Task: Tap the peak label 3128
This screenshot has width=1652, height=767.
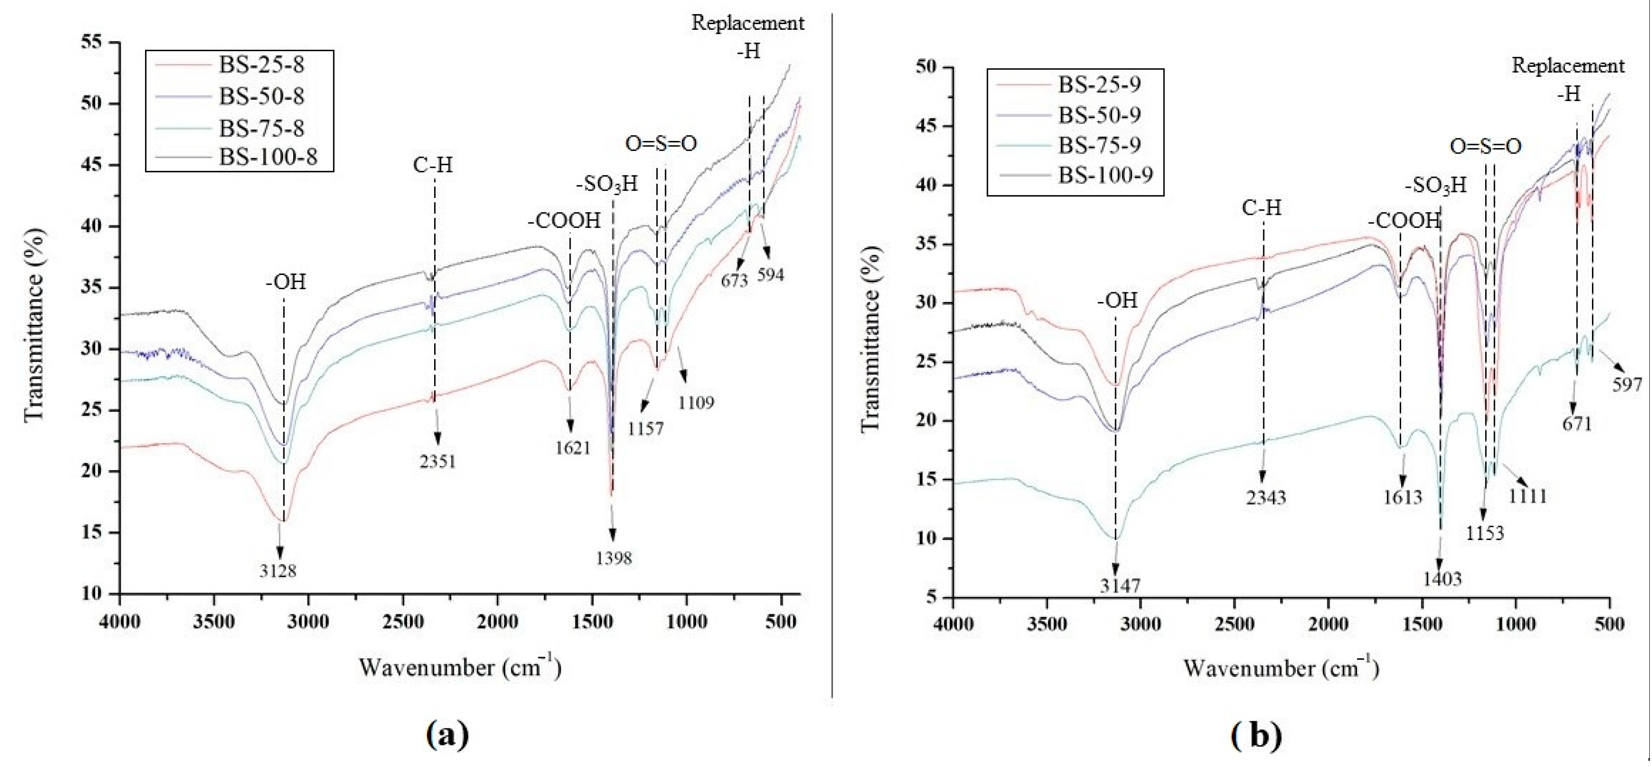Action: click(278, 570)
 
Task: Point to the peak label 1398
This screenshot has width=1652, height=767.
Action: click(614, 558)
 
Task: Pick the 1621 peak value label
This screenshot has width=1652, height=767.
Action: click(573, 447)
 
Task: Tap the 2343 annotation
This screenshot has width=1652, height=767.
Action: click(1266, 497)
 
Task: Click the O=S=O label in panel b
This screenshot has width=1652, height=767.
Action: click(1485, 147)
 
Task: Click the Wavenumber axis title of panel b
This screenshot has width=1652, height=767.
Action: click(1280, 668)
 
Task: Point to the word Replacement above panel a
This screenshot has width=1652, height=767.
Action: click(747, 23)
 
